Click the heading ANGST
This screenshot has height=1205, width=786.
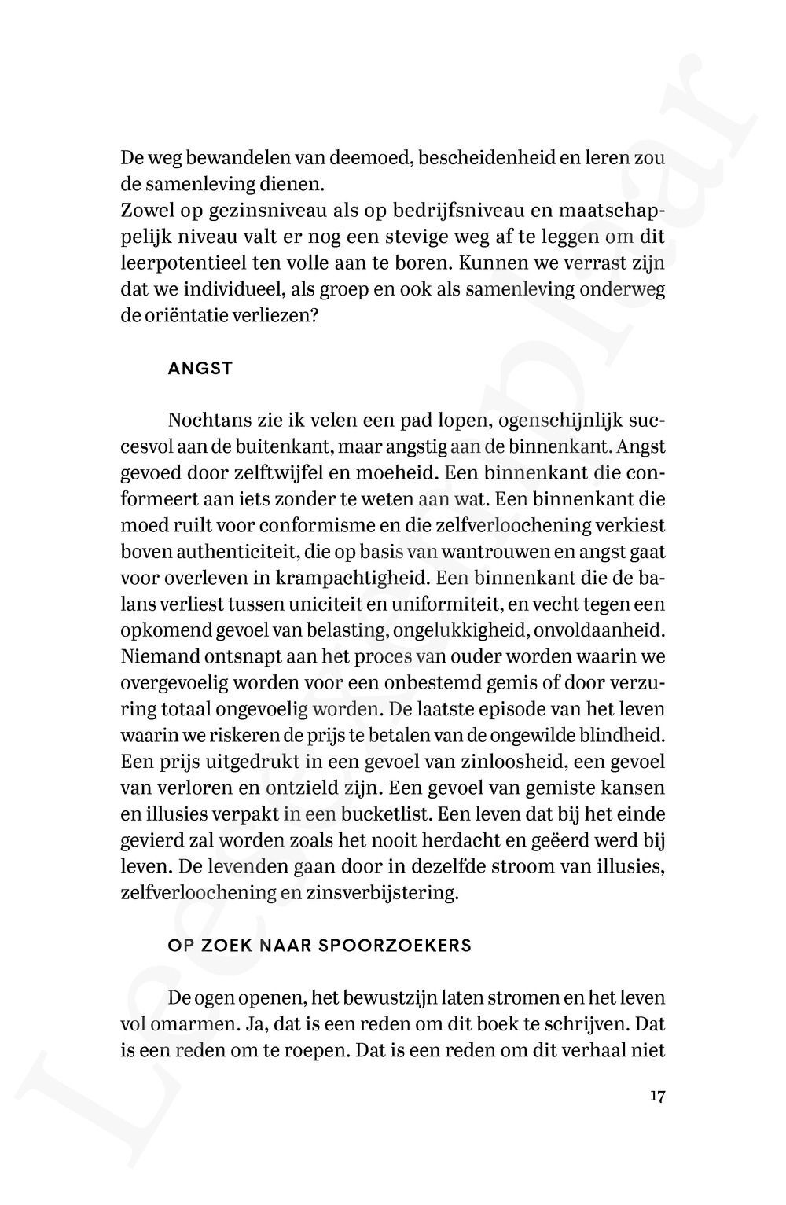[x=200, y=369]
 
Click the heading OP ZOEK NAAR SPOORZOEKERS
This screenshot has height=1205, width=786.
[x=320, y=946]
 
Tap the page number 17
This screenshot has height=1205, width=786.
[x=658, y=1097]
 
